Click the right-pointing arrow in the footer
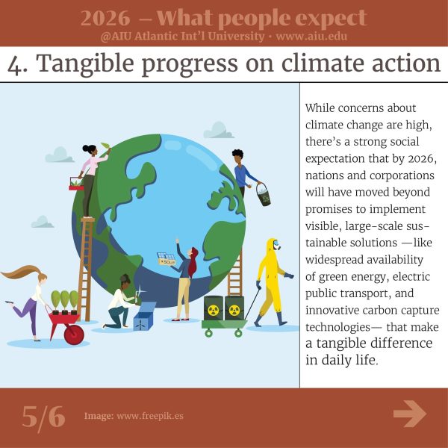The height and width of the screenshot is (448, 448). pyautogui.click(x=410, y=414)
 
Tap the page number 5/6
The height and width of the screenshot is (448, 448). pyautogui.click(x=43, y=417)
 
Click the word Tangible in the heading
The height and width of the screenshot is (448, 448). pyautogui.click(x=85, y=63)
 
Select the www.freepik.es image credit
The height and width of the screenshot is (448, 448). pyautogui.click(x=150, y=416)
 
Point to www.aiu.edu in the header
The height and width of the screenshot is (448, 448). pyautogui.click(x=311, y=37)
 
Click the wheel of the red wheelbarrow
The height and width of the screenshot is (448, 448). pyautogui.click(x=74, y=335)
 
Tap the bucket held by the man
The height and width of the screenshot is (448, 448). pyautogui.click(x=263, y=195)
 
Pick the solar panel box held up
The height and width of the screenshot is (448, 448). pyautogui.click(x=167, y=259)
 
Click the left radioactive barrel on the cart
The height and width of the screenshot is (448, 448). pyautogui.click(x=213, y=308)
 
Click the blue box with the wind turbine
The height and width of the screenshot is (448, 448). pyautogui.click(x=144, y=316)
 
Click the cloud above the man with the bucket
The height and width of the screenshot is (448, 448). pyautogui.click(x=219, y=130)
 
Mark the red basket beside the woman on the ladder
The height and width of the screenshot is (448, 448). pyautogui.click(x=75, y=184)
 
